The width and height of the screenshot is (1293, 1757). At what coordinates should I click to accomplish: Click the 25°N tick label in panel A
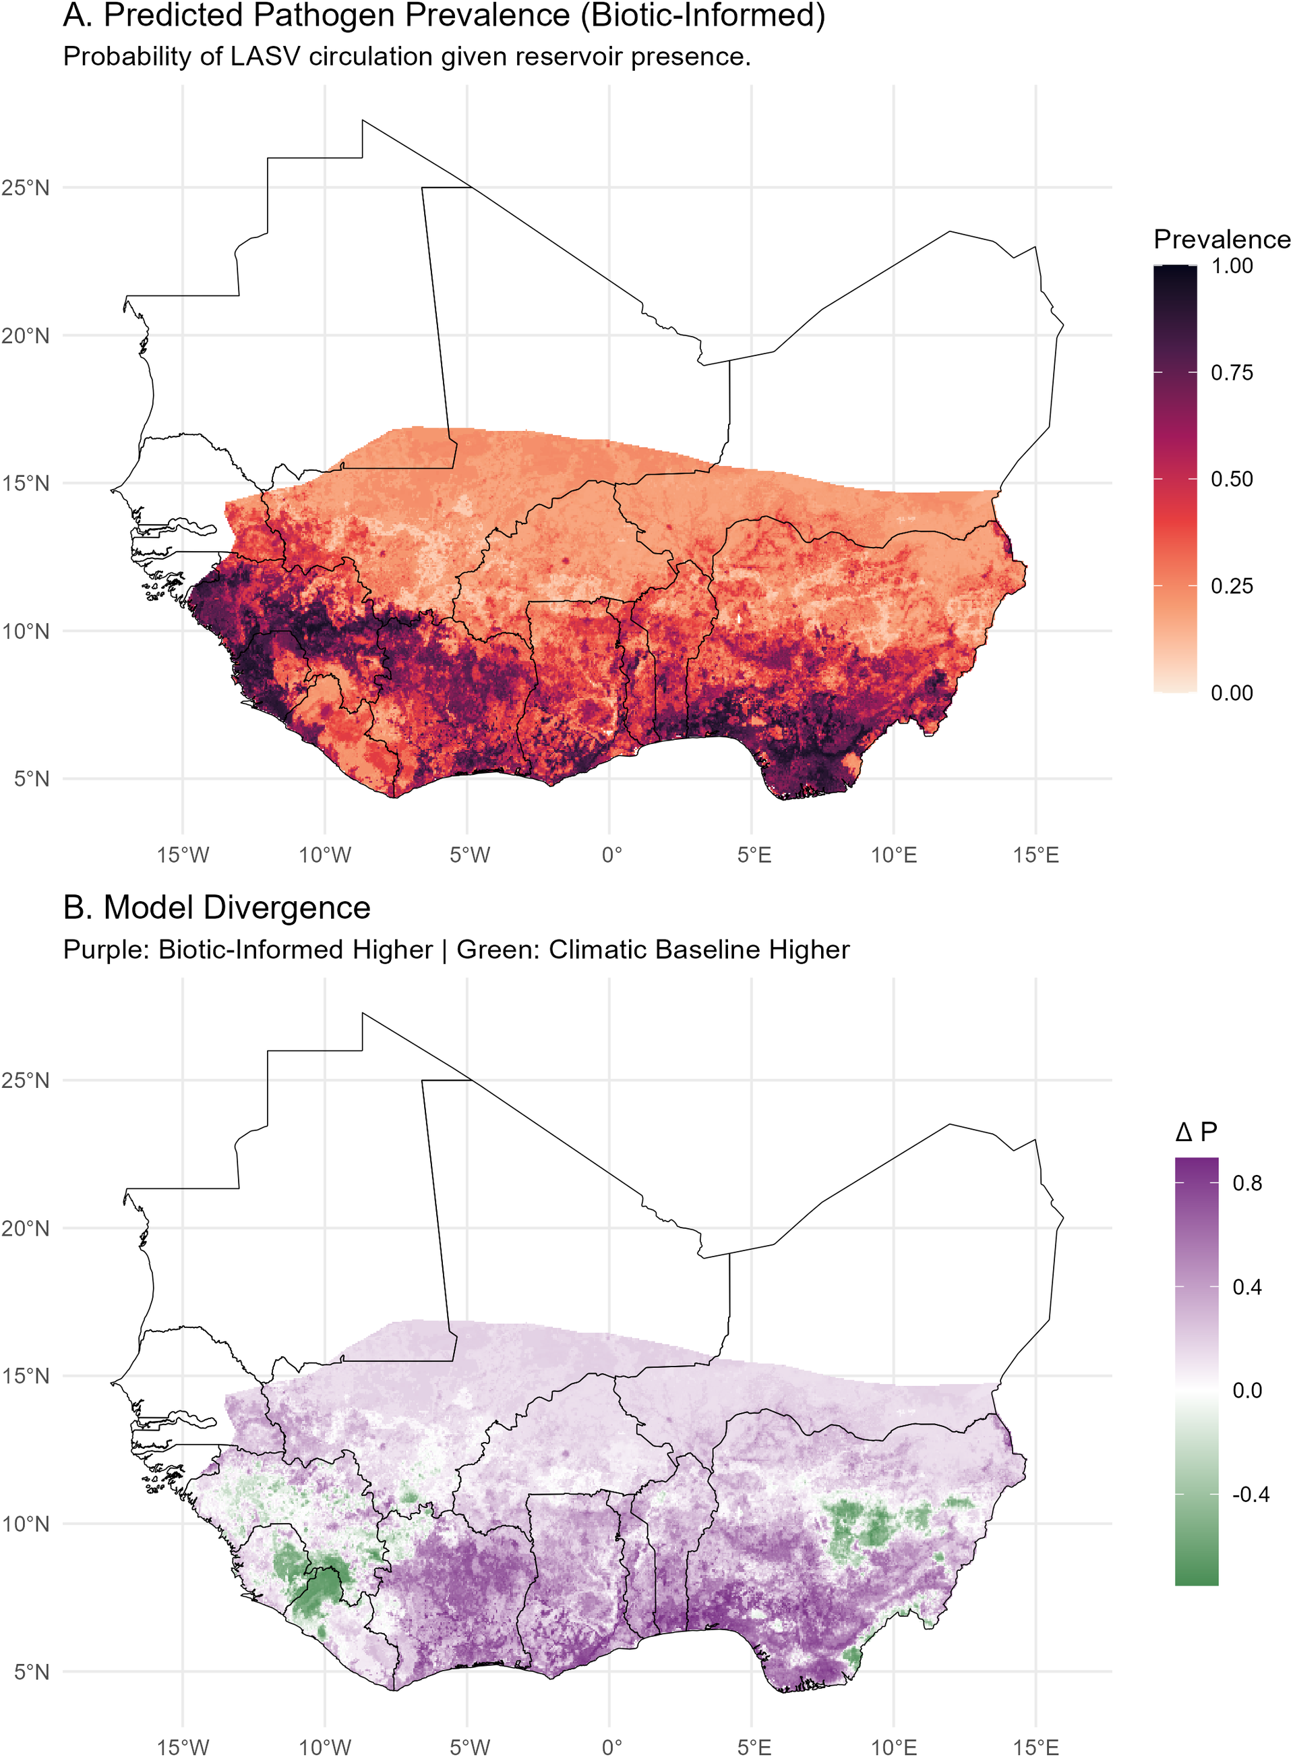tap(25, 188)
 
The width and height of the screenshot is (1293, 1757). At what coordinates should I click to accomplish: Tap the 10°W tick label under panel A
tap(325, 855)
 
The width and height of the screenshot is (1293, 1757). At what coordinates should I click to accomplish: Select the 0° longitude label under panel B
tap(612, 1747)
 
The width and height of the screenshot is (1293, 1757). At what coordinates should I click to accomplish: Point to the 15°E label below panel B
tap(1035, 1747)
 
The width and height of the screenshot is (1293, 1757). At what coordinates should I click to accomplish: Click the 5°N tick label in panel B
tap(31, 1671)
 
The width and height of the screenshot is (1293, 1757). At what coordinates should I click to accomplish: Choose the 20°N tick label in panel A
tap(25, 336)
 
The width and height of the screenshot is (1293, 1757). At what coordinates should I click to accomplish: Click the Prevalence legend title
tap(1222, 239)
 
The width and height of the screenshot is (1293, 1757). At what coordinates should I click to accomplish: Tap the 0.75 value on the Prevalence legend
tap(1232, 373)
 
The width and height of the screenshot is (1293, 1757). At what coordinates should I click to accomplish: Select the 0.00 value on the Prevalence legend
tap(1232, 693)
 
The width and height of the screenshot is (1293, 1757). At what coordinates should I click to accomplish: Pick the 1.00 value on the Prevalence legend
tap(1232, 266)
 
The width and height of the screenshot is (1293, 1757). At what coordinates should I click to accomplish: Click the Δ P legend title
tap(1196, 1131)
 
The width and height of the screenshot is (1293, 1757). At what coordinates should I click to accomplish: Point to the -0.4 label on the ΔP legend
tap(1251, 1495)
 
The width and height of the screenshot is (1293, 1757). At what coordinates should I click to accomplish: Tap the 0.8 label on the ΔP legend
tap(1247, 1183)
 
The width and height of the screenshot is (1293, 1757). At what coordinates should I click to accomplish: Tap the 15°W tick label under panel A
tap(183, 855)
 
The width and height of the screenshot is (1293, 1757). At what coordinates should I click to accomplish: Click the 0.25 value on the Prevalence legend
tap(1232, 586)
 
